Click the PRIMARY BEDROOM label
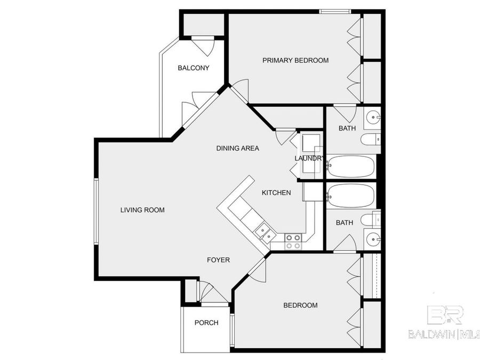[x=295, y=60]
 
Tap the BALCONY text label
[x=193, y=68]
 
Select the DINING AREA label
[x=237, y=148]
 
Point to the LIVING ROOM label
[x=142, y=210]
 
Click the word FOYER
[x=218, y=260]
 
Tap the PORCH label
[x=206, y=323]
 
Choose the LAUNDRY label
[x=309, y=158]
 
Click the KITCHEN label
[x=276, y=193]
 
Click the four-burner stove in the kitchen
[x=292, y=242]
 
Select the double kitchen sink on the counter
[x=265, y=233]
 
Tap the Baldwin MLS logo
[x=444, y=323]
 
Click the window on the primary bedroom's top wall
[x=335, y=11]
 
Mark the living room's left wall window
[x=97, y=210]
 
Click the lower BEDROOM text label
[x=300, y=306]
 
